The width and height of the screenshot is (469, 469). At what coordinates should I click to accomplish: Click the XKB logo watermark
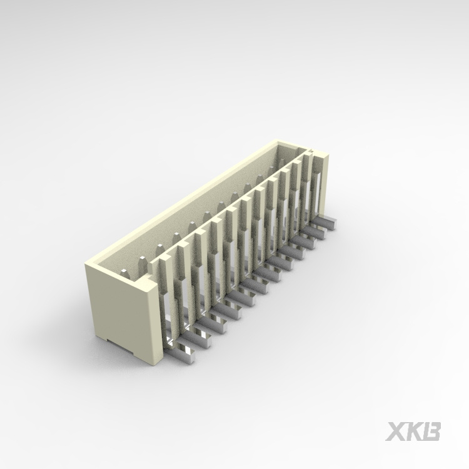point(413,431)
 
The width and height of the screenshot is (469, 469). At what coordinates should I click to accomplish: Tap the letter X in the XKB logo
point(396,431)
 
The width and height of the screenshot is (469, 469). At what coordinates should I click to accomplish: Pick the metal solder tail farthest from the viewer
point(326,220)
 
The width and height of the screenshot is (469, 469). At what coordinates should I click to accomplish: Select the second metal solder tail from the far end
point(318,229)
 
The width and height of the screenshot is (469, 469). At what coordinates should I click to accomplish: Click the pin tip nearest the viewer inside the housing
point(125,273)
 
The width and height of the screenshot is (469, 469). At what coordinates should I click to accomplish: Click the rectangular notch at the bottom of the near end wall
point(119,345)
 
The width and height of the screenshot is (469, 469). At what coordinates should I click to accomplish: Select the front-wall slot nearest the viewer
point(168,313)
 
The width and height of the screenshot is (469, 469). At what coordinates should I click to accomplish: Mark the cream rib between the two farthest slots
point(306,181)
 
